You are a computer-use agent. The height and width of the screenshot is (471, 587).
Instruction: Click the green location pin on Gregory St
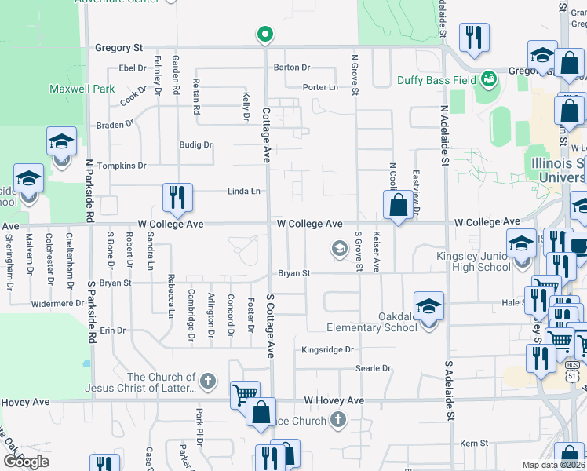[x=265, y=34]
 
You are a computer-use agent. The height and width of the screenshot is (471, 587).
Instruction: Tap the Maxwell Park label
[x=82, y=89]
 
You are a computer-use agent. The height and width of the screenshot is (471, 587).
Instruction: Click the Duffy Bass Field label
[x=436, y=80]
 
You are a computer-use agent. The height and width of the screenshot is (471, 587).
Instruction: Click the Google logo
[x=25, y=462]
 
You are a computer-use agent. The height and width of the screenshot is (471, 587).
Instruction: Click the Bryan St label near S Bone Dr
[x=115, y=283]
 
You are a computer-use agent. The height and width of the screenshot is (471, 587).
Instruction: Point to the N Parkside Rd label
[x=89, y=189]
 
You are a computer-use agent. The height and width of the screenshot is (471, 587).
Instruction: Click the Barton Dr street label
[x=292, y=68]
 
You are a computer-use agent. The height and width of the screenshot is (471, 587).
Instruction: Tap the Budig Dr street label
[x=195, y=145]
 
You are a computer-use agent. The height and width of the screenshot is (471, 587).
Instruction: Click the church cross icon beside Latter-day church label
[x=207, y=382]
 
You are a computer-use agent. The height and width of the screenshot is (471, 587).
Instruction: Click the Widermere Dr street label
[x=57, y=303]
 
